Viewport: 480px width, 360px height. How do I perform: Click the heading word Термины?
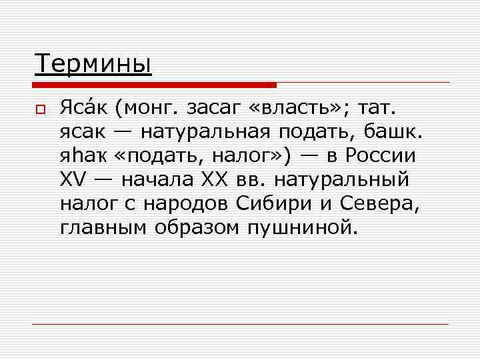click(x=93, y=65)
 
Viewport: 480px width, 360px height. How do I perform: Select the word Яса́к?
click(x=83, y=107)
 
